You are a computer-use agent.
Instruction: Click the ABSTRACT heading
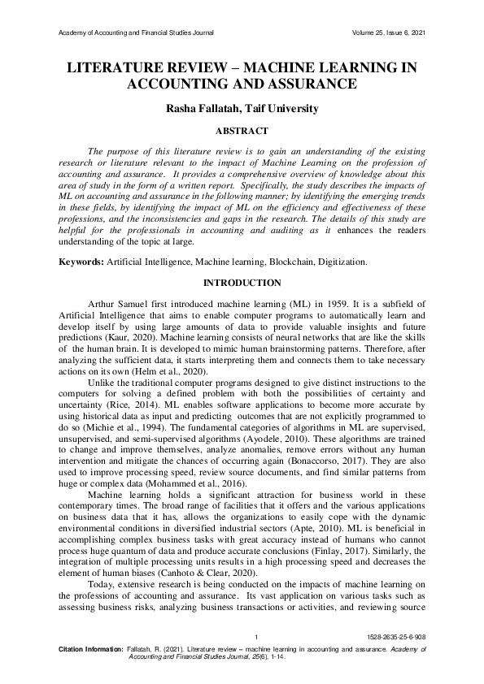(242, 130)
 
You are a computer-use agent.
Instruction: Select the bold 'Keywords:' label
(80, 262)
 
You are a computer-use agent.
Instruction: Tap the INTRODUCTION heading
(242, 283)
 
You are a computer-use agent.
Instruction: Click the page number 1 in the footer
(255, 637)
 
